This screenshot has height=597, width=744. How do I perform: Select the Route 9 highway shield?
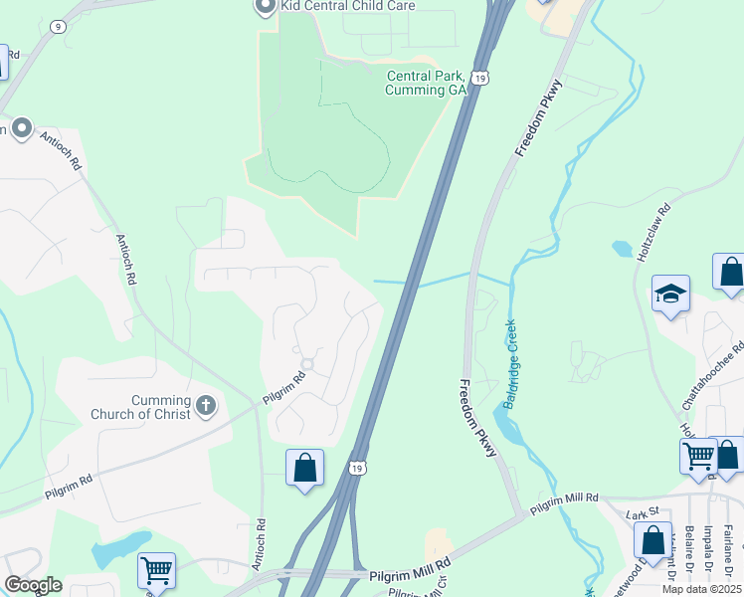pos(60,27)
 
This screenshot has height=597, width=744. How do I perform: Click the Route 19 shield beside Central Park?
pos(479,78)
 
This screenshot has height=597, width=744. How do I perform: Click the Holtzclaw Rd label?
pos(652,233)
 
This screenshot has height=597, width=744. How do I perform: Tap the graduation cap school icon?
pos(670,294)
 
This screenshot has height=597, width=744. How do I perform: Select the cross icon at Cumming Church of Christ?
pos(205,405)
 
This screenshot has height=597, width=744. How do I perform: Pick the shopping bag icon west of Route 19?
pos(304,468)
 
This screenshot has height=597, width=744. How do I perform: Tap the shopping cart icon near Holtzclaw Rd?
pos(698,456)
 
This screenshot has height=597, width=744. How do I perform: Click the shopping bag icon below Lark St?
pos(652,540)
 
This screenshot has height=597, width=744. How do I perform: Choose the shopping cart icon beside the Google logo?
pos(157,571)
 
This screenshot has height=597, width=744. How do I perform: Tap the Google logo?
pos(33,585)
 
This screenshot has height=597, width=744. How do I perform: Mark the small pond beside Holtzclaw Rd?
pos(622,248)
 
